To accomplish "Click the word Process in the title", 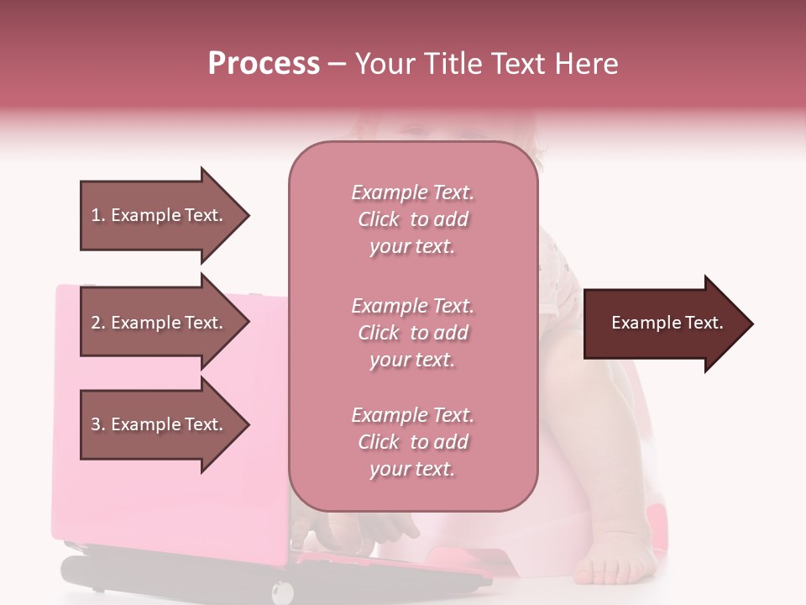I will click(x=264, y=64).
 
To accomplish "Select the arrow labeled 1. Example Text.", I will click(x=160, y=215).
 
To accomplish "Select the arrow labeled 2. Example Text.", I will click(x=160, y=323).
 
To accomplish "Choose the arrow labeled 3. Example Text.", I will click(x=160, y=424).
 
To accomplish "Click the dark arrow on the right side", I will click(x=663, y=324).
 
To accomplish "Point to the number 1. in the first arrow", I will click(x=97, y=215).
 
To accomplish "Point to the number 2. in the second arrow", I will click(x=97, y=323).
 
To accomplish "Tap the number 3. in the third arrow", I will click(x=97, y=424).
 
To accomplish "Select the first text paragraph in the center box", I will click(x=412, y=219).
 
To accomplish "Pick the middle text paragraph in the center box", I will click(x=412, y=333).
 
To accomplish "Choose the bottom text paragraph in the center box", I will click(x=412, y=442).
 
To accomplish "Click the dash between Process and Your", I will click(x=337, y=64).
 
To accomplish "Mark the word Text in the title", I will click(x=522, y=64).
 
